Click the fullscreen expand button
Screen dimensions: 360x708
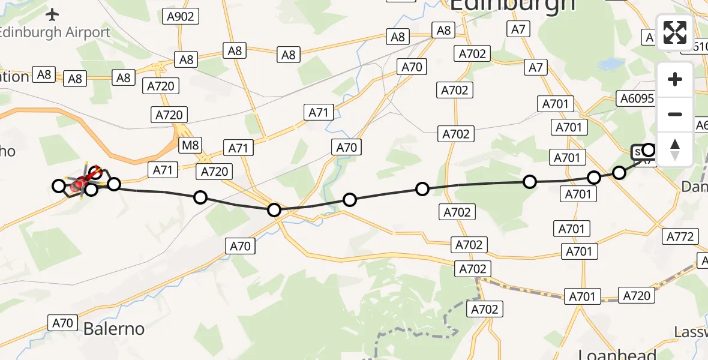point(675,32)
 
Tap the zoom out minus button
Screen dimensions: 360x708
point(675,114)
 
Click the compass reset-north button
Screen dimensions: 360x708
point(675,149)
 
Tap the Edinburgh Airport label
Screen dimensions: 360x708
point(55,32)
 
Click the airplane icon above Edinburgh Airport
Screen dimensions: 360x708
point(53,14)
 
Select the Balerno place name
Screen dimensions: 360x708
point(114,329)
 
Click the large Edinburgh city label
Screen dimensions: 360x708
point(512,5)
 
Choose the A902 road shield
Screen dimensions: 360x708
point(181,16)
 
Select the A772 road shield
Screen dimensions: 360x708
point(680,236)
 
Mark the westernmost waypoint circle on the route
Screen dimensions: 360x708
point(59,186)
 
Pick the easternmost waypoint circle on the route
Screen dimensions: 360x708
point(649,149)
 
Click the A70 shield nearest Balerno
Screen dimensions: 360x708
point(62,323)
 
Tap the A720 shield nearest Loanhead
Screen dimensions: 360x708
point(637,295)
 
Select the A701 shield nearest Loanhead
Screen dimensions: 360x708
point(582,296)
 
